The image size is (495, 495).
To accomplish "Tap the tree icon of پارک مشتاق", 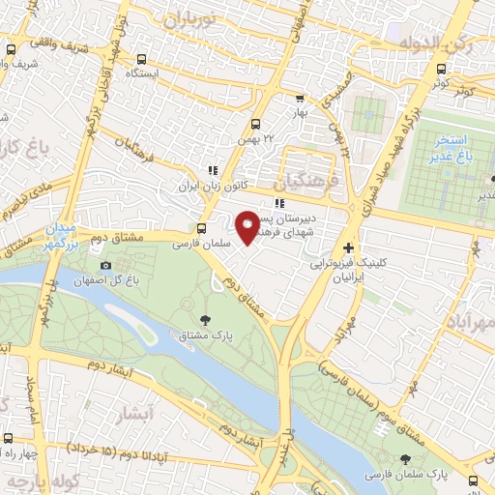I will [204, 320].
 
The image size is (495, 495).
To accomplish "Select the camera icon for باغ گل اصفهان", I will [105, 266].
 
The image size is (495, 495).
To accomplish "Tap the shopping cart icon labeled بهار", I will [300, 98].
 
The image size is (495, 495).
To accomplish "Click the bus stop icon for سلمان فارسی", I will [201, 229].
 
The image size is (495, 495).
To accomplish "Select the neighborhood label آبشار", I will [135, 416].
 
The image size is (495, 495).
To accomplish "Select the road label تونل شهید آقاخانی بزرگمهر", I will [101, 77].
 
